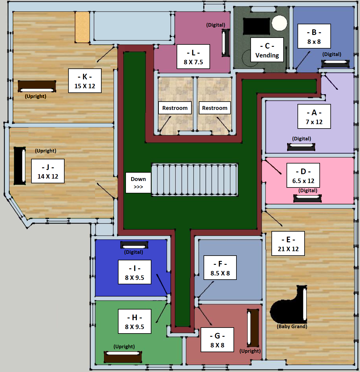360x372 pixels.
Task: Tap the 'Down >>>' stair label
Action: click(x=138, y=183)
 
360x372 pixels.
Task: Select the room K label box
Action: click(x=85, y=81)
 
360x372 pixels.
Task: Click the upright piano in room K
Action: click(x=37, y=86)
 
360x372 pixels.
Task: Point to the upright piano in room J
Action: click(x=20, y=166)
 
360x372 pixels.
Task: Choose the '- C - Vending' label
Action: click(x=267, y=50)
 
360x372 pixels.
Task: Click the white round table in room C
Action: click(x=279, y=23)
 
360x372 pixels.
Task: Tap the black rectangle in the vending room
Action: click(x=257, y=26)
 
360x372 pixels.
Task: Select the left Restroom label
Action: click(x=175, y=108)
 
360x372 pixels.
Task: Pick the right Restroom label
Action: click(x=215, y=108)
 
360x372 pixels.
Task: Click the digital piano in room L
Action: click(x=225, y=43)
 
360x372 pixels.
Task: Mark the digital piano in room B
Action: click(x=335, y=64)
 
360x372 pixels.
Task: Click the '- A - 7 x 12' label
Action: click(x=314, y=116)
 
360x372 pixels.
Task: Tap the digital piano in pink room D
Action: click(x=307, y=198)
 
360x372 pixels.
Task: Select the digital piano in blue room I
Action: click(x=134, y=245)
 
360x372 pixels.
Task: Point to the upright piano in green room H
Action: click(x=123, y=357)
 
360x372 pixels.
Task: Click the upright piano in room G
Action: click(x=253, y=328)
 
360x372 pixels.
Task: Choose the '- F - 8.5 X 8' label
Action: click(x=220, y=268)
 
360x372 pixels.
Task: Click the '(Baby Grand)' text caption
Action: click(x=292, y=326)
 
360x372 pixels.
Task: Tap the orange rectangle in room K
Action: click(x=82, y=27)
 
